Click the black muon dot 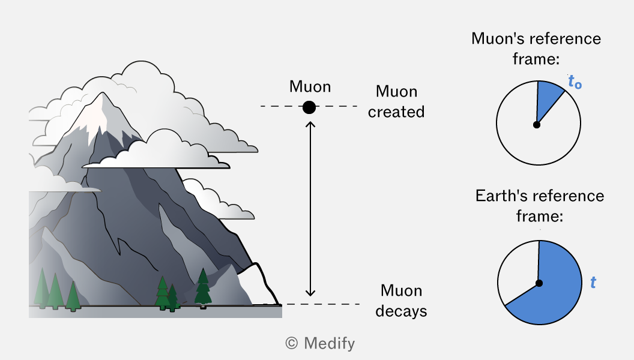309,107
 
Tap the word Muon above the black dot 310,86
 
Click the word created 396,112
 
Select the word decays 401,311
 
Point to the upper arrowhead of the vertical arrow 310,124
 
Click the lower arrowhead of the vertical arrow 310,293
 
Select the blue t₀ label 575,82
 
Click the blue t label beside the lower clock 593,282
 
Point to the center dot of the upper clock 537,125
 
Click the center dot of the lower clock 539,283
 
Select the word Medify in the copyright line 329,343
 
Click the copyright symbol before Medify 292,343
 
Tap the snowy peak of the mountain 97,115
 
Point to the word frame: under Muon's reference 536,59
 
